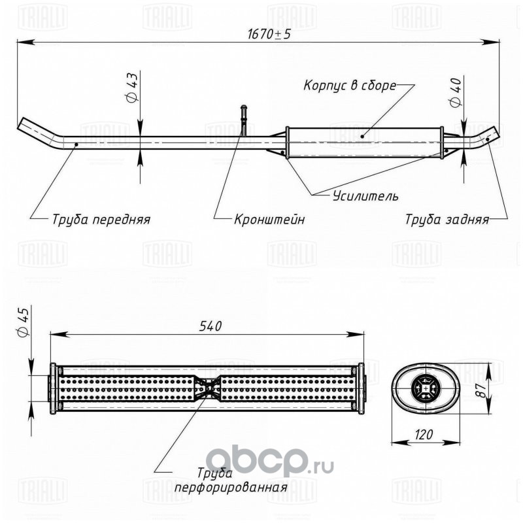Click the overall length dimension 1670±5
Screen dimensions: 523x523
pos(269,34)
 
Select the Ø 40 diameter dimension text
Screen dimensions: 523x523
pos(456,93)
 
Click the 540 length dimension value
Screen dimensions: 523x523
pos(211,326)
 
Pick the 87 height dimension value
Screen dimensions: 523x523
pos(481,390)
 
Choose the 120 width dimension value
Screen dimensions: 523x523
pos(424,435)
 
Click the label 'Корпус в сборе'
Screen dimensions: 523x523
pos(350,86)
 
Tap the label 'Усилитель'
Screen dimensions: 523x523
pos(365,195)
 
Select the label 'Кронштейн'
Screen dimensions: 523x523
pos(269,220)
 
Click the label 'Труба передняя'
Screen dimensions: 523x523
pos(101,220)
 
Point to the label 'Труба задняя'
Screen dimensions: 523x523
pos(447,220)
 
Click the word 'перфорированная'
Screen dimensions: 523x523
pos(231,488)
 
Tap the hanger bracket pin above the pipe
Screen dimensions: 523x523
pos(244,120)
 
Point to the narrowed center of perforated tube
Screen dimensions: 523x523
pos(207,388)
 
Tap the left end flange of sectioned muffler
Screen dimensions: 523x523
pos(53,388)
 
